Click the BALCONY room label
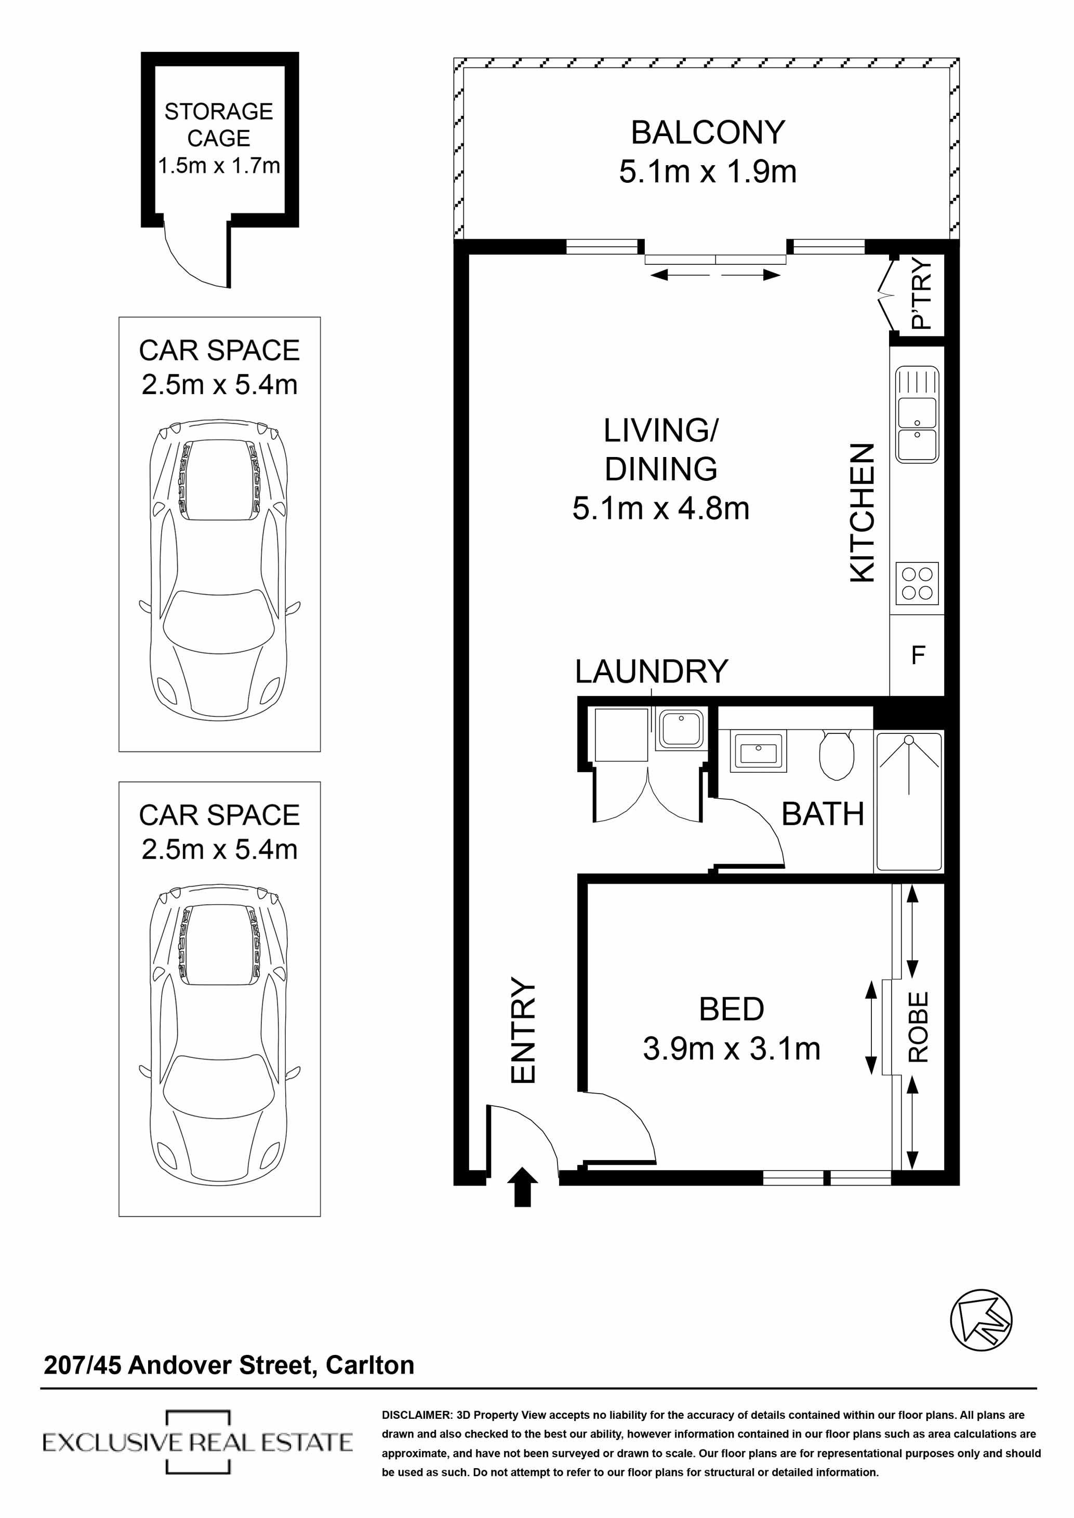[x=707, y=132]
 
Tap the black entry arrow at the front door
[x=522, y=1187]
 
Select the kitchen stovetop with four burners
[x=917, y=583]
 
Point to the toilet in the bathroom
[x=836, y=755]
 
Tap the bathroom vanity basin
[x=758, y=753]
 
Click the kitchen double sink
[x=917, y=414]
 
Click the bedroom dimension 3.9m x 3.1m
[x=732, y=1049]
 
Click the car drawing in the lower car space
[x=219, y=1036]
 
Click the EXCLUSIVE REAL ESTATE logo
[x=197, y=1442]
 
